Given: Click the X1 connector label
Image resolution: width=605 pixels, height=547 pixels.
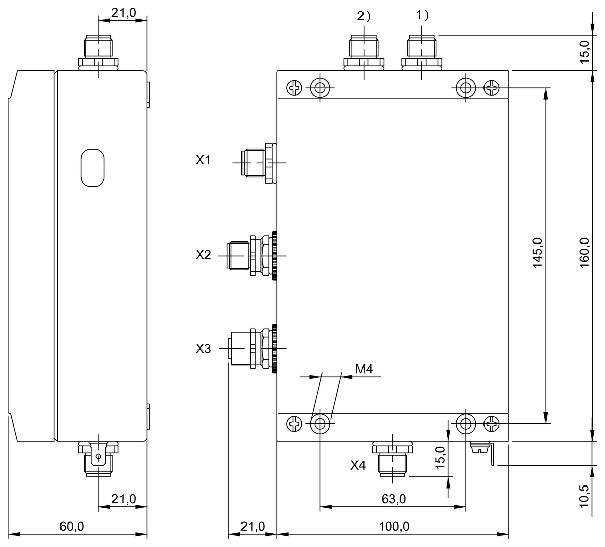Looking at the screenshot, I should [x=203, y=161].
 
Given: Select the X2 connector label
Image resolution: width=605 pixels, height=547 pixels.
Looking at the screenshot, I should [x=203, y=255].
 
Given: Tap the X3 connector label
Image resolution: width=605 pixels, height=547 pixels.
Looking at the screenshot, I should [x=203, y=349].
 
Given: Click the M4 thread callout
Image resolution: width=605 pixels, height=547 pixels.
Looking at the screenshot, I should [x=364, y=369].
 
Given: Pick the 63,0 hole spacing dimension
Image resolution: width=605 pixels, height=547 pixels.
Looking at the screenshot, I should [x=393, y=499].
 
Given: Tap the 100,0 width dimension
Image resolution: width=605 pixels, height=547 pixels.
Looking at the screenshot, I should [x=393, y=527].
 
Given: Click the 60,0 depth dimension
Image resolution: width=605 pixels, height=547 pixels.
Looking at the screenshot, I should [x=72, y=527].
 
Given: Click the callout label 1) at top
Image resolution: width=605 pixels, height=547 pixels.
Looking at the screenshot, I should [x=422, y=16].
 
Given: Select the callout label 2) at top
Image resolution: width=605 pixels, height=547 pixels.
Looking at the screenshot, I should [x=364, y=16].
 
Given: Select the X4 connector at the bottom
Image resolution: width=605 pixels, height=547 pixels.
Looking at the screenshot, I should [x=392, y=458].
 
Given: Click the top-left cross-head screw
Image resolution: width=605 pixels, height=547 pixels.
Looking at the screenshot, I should [x=294, y=89].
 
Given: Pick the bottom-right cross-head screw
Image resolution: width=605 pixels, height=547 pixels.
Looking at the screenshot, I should [x=492, y=424].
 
